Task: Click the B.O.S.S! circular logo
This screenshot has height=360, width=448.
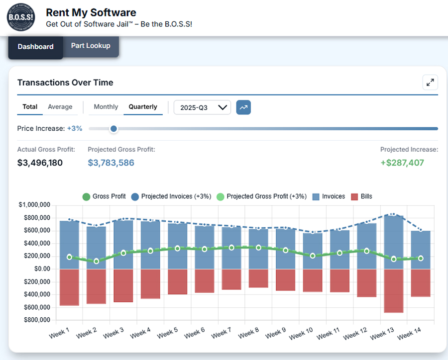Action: [x=21, y=17]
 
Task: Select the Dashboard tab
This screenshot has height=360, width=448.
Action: [x=35, y=47]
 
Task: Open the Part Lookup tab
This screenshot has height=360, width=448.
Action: [x=91, y=46]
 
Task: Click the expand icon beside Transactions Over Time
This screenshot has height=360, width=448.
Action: [x=430, y=83]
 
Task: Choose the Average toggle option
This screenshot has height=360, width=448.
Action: [x=60, y=107]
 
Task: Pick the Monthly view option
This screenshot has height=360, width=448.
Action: [x=106, y=107]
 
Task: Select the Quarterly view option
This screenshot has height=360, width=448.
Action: [x=143, y=107]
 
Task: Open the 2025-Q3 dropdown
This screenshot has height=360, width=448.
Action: [x=202, y=107]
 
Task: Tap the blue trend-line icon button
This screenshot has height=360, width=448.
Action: [x=243, y=107]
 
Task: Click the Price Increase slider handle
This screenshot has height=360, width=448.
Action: [x=113, y=129]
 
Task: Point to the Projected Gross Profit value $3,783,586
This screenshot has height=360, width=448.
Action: [x=111, y=163]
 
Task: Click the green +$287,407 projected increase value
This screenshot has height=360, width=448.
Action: [x=402, y=163]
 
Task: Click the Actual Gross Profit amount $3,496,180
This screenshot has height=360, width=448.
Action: [x=40, y=163]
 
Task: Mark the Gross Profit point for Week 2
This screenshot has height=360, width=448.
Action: [x=96, y=261]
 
